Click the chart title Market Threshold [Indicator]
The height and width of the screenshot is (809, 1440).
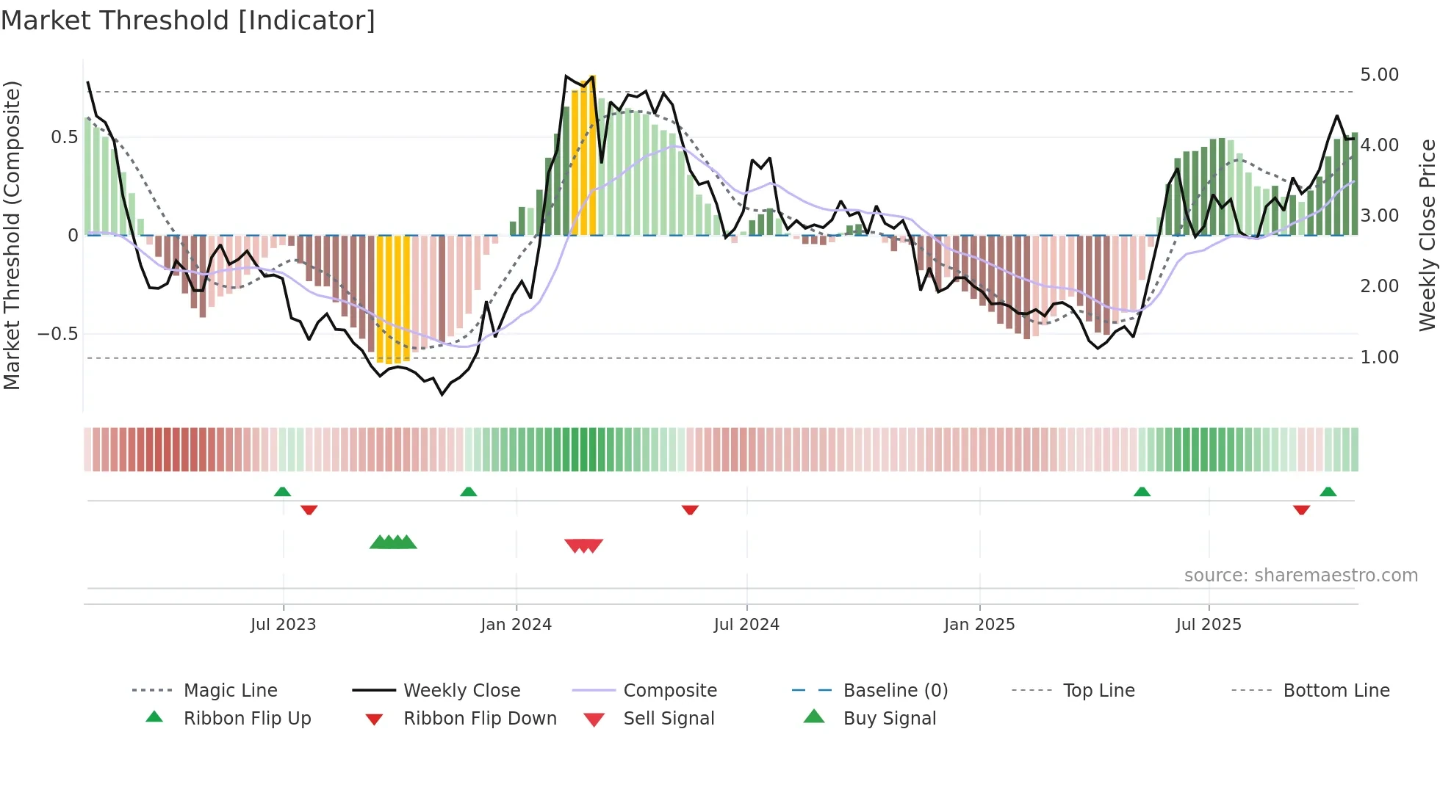188,21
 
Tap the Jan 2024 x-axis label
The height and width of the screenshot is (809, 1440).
516,625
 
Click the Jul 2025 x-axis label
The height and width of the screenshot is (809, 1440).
1208,625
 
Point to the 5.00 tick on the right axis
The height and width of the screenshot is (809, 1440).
1379,75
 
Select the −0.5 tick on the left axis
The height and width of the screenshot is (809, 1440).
57,334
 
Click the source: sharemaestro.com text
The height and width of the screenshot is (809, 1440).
1300,576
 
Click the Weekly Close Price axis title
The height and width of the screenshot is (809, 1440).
1427,235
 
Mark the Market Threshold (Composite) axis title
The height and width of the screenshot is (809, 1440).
12,235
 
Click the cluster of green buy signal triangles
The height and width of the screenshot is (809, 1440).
393,543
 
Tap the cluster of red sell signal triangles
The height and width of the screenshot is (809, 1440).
584,545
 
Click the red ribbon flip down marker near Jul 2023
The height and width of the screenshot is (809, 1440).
309,509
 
